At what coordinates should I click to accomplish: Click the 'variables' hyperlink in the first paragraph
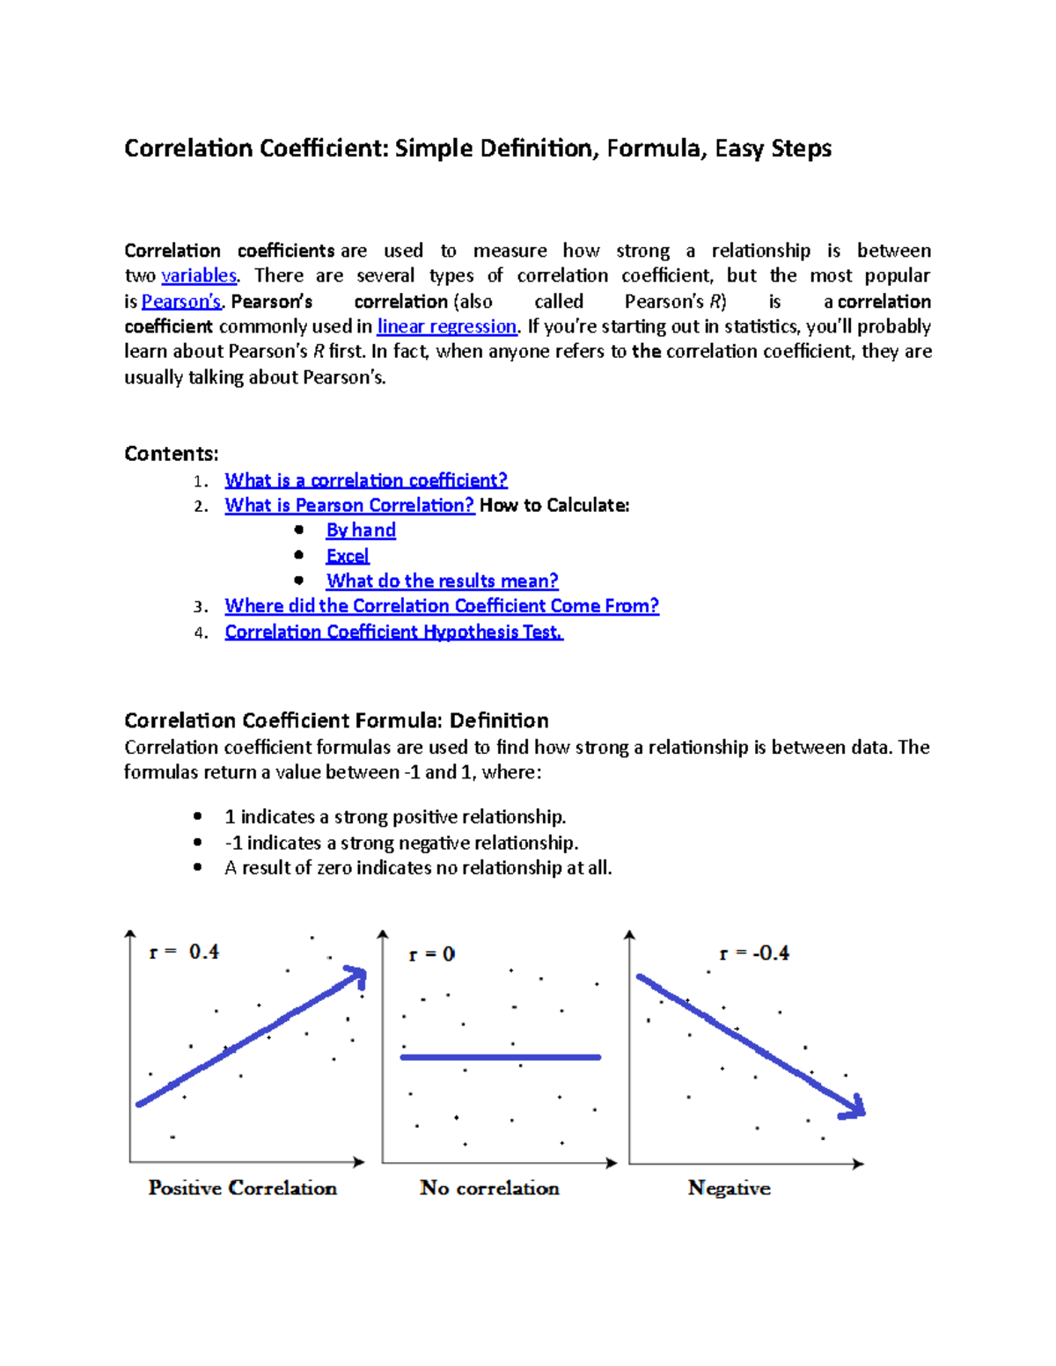(199, 276)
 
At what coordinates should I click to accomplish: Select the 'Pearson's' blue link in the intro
(181, 302)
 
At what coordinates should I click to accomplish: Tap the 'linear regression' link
(447, 326)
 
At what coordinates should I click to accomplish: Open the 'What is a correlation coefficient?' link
(366, 480)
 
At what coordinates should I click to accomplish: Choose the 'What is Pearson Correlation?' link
(349, 506)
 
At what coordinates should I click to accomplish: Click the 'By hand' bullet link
(361, 530)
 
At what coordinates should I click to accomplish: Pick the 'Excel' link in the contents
(348, 556)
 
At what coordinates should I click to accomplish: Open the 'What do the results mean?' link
(442, 581)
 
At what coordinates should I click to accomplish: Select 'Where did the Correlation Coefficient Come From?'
(442, 606)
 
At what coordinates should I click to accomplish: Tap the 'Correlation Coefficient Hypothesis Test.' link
(393, 632)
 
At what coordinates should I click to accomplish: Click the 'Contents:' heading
(172, 454)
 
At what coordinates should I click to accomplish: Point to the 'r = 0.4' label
(184, 952)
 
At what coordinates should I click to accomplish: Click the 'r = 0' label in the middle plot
(431, 954)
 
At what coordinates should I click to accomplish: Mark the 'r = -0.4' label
(754, 953)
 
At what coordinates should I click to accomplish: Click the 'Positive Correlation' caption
(243, 1188)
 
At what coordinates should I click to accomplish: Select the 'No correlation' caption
(489, 1188)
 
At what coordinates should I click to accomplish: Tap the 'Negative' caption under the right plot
(729, 1188)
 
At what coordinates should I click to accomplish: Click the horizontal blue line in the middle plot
(500, 1057)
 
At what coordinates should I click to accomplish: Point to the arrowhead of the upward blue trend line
(357, 975)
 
